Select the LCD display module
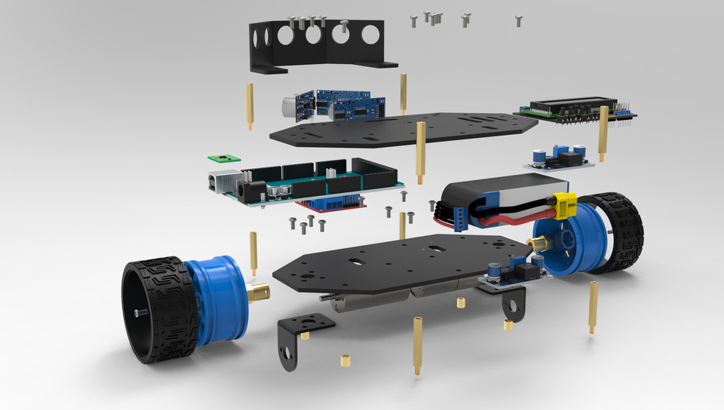click(573, 108)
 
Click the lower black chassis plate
click(392, 264)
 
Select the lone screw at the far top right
click(519, 20)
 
